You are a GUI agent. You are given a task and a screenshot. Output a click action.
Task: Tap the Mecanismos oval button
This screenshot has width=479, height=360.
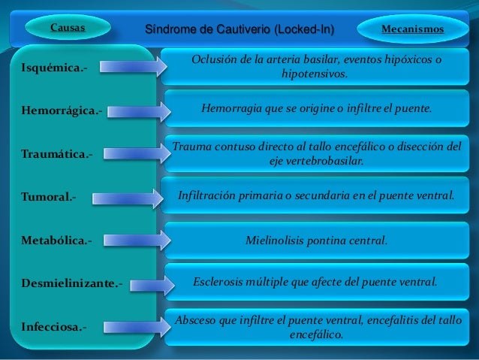(x=412, y=29)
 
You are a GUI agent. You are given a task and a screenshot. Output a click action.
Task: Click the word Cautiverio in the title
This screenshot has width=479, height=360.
(x=237, y=29)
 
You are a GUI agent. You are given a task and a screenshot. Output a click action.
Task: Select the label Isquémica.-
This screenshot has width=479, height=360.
(x=53, y=68)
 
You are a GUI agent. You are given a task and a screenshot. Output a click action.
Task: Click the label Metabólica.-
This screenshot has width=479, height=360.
(x=57, y=241)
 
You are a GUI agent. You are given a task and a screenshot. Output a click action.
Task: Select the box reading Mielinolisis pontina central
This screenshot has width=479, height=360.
(x=316, y=241)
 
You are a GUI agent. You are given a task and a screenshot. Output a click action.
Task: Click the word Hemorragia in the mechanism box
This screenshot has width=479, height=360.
(x=230, y=108)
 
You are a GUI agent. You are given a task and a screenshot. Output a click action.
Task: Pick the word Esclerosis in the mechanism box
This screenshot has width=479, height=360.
(x=219, y=282)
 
